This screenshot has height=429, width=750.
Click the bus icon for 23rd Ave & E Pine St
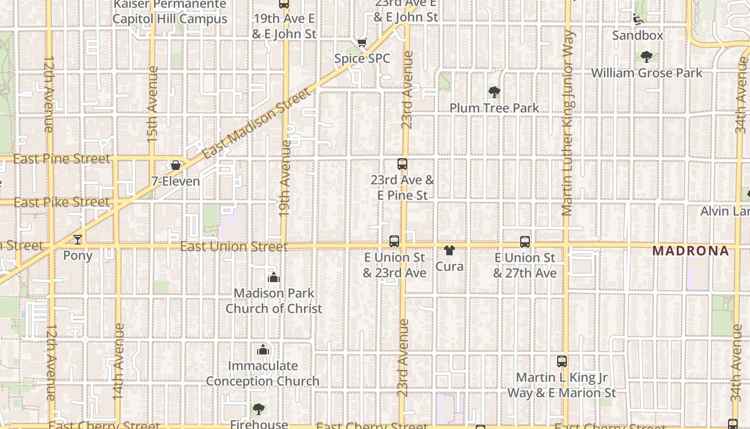coord(402,164)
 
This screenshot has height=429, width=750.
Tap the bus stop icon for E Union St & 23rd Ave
coord(394,241)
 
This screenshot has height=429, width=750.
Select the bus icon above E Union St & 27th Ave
coord(525,242)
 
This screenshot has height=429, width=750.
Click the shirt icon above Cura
coord(449,250)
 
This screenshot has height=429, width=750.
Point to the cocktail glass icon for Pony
coord(78,239)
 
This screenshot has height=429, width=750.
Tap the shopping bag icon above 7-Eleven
coord(175,165)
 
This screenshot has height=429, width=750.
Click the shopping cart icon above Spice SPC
coord(362,42)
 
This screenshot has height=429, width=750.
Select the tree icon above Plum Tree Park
coord(494,92)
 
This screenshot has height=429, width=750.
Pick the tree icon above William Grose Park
coord(647,56)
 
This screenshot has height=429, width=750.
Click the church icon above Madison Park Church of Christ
coord(274,277)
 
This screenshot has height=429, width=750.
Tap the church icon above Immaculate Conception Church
coord(262,350)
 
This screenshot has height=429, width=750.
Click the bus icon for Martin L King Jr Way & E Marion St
coord(562,361)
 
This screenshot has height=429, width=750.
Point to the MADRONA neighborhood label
coord(691,250)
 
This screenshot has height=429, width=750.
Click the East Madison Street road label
coord(257,124)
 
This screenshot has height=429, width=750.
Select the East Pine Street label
coord(61,159)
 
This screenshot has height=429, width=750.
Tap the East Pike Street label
coord(61,203)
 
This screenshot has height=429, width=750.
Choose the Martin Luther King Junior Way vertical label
coord(568,123)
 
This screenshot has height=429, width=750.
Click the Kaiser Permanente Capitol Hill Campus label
coord(170,12)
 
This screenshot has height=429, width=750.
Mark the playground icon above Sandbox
coord(638,19)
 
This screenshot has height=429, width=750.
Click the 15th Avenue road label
coord(153,104)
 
